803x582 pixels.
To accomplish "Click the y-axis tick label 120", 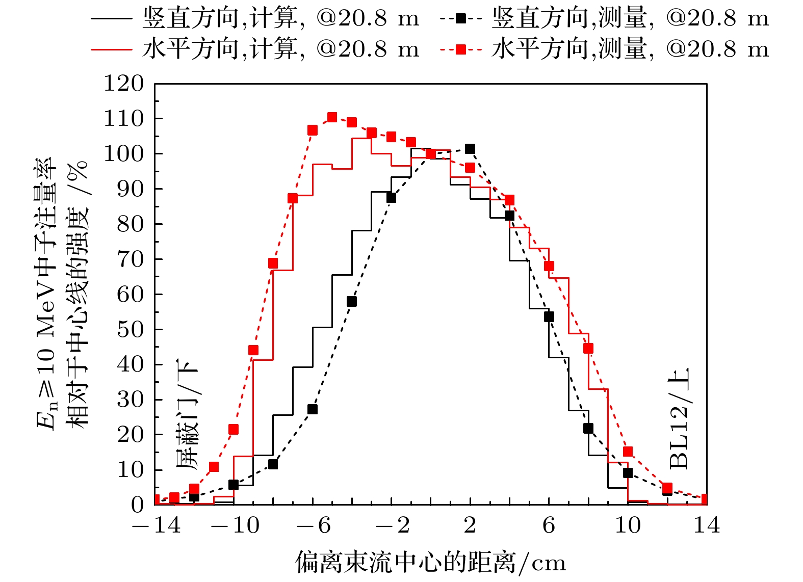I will coord(124,84).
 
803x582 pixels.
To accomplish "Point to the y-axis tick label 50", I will coord(131,330).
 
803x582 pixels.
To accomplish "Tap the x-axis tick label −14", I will coord(157,525).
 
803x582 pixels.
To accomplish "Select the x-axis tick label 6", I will coord(549,525).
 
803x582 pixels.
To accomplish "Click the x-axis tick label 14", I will coord(706,525).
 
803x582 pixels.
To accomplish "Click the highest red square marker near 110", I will coord(332,117).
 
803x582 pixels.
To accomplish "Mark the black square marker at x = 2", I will coord(470,149).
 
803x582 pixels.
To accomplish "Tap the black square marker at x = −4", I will coord(352,302).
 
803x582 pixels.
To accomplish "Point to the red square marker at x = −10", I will coord(234,430).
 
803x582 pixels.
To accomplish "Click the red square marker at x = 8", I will coord(588,349).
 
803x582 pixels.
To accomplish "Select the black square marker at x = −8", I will coord(273,464).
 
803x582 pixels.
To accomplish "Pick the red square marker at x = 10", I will coord(628,452).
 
